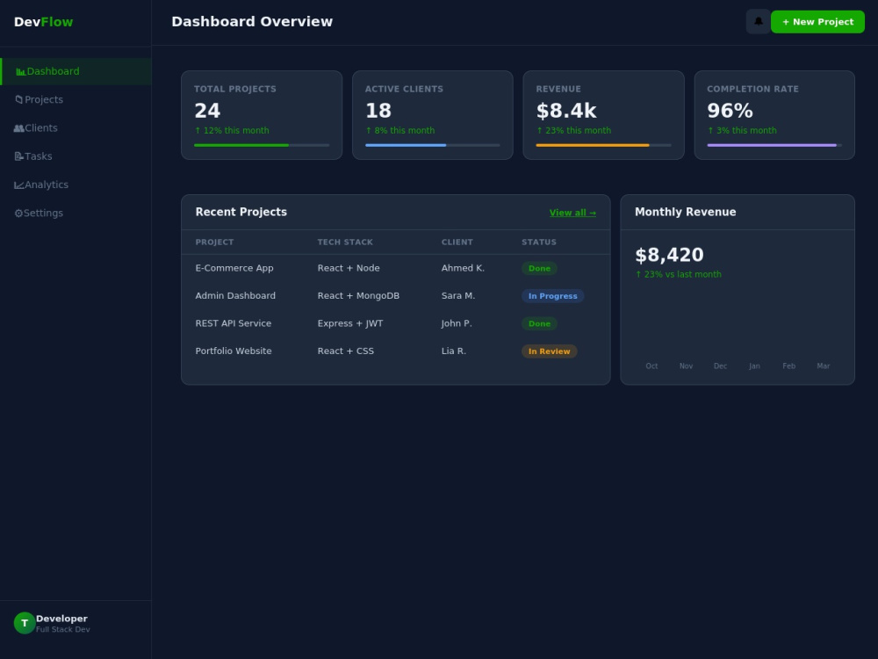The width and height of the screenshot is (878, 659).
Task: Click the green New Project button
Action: tap(817, 22)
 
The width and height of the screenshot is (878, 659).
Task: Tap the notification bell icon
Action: tap(759, 22)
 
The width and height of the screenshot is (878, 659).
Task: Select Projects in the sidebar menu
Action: tap(39, 100)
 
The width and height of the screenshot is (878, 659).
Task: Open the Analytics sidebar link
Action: tap(41, 185)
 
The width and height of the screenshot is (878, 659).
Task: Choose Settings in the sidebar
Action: tap(39, 213)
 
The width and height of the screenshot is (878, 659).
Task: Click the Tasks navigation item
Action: tap(33, 156)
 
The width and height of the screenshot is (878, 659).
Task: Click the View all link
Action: tap(572, 213)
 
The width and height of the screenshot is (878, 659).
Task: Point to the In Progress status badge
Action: tap(552, 296)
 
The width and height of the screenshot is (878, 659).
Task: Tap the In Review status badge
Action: tap(550, 351)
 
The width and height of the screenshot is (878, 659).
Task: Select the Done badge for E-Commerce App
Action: tap(539, 268)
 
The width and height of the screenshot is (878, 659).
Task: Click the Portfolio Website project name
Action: tap(234, 351)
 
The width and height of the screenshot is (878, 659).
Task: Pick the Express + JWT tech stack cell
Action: tap(350, 323)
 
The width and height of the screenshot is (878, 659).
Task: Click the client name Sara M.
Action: tap(458, 295)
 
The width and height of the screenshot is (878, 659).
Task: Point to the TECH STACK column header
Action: tap(345, 243)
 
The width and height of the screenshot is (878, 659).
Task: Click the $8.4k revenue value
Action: tap(566, 111)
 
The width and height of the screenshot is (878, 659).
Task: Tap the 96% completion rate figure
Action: tap(730, 111)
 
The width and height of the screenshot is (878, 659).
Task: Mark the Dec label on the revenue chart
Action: tap(720, 366)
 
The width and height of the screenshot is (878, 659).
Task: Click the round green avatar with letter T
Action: tap(25, 623)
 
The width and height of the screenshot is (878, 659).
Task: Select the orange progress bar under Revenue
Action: tap(593, 145)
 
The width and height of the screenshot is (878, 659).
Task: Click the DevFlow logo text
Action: tap(43, 22)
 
